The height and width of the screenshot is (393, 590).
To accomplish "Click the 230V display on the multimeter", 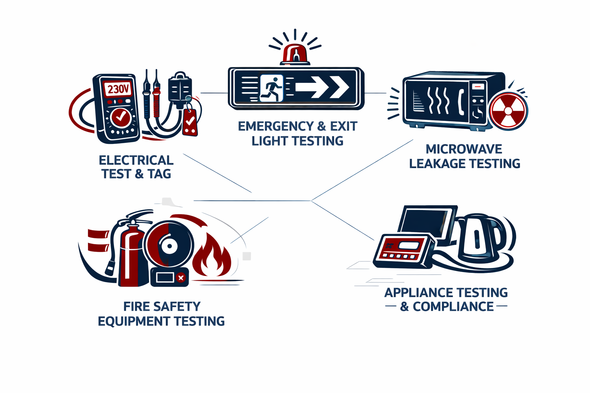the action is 118,89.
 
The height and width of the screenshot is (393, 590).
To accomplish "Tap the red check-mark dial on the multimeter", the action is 121,117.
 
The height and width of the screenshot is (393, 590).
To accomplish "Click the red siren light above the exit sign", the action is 295,54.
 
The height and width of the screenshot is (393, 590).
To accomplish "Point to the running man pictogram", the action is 272,88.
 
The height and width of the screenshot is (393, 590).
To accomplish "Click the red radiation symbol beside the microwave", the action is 508,111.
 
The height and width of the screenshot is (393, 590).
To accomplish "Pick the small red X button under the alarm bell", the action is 181,277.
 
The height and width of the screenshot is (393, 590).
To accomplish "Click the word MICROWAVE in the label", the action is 464,149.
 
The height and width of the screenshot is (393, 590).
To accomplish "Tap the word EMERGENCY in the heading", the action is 276,126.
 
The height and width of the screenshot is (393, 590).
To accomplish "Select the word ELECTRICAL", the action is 136,160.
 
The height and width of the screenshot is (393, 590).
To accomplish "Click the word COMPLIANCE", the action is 453,307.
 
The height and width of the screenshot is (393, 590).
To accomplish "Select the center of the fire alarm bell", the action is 169,246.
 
